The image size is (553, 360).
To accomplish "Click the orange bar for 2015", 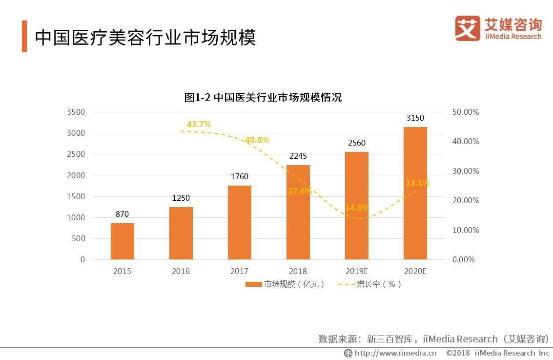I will point(122,241).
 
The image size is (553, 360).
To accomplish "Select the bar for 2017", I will point(239,222).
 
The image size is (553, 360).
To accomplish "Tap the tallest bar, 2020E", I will point(415,193).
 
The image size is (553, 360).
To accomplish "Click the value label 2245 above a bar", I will point(298,156).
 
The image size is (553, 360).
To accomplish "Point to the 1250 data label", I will point(181,198).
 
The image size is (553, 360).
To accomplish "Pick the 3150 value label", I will point(415,118).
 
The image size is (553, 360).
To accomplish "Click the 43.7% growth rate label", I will point(199,125).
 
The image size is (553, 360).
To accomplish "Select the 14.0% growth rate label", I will point(357,208).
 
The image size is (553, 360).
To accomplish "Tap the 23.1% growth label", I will point(417,183).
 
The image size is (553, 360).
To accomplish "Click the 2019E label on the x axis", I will point(357,272).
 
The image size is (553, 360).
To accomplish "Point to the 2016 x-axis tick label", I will point(181,272).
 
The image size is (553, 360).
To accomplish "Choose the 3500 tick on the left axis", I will point(76,112).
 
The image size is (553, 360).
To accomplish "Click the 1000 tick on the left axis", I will point(76,218).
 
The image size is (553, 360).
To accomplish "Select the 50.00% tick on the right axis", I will point(466,112).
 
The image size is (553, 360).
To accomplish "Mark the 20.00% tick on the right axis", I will point(466,201).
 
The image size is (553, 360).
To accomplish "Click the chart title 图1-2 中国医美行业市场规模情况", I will point(263,97).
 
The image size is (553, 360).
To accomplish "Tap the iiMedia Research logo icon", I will point(468,28).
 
